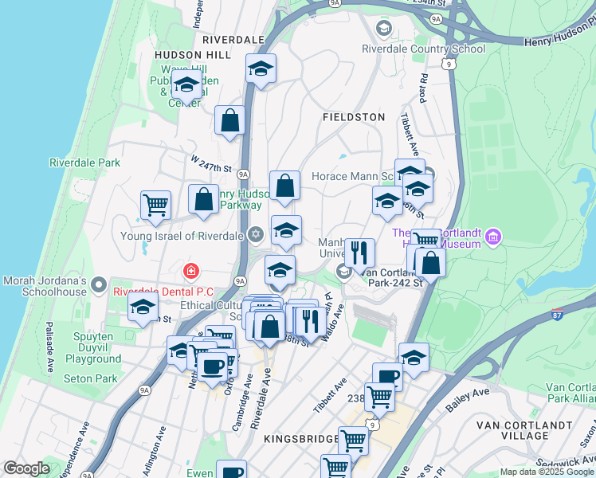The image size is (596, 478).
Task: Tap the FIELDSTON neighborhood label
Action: (x=353, y=117)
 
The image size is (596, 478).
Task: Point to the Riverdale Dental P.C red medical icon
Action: (x=190, y=272)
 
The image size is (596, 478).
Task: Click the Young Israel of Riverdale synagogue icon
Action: (x=255, y=234)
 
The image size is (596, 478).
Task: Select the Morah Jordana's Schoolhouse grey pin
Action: (x=99, y=284)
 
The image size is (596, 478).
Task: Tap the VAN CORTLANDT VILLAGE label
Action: (x=523, y=429)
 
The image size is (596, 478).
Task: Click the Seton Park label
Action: (x=90, y=379)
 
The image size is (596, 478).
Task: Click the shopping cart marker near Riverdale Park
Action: (x=155, y=205)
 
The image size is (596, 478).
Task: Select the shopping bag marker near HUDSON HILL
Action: (x=229, y=121)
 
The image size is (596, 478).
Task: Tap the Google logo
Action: (x=26, y=468)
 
